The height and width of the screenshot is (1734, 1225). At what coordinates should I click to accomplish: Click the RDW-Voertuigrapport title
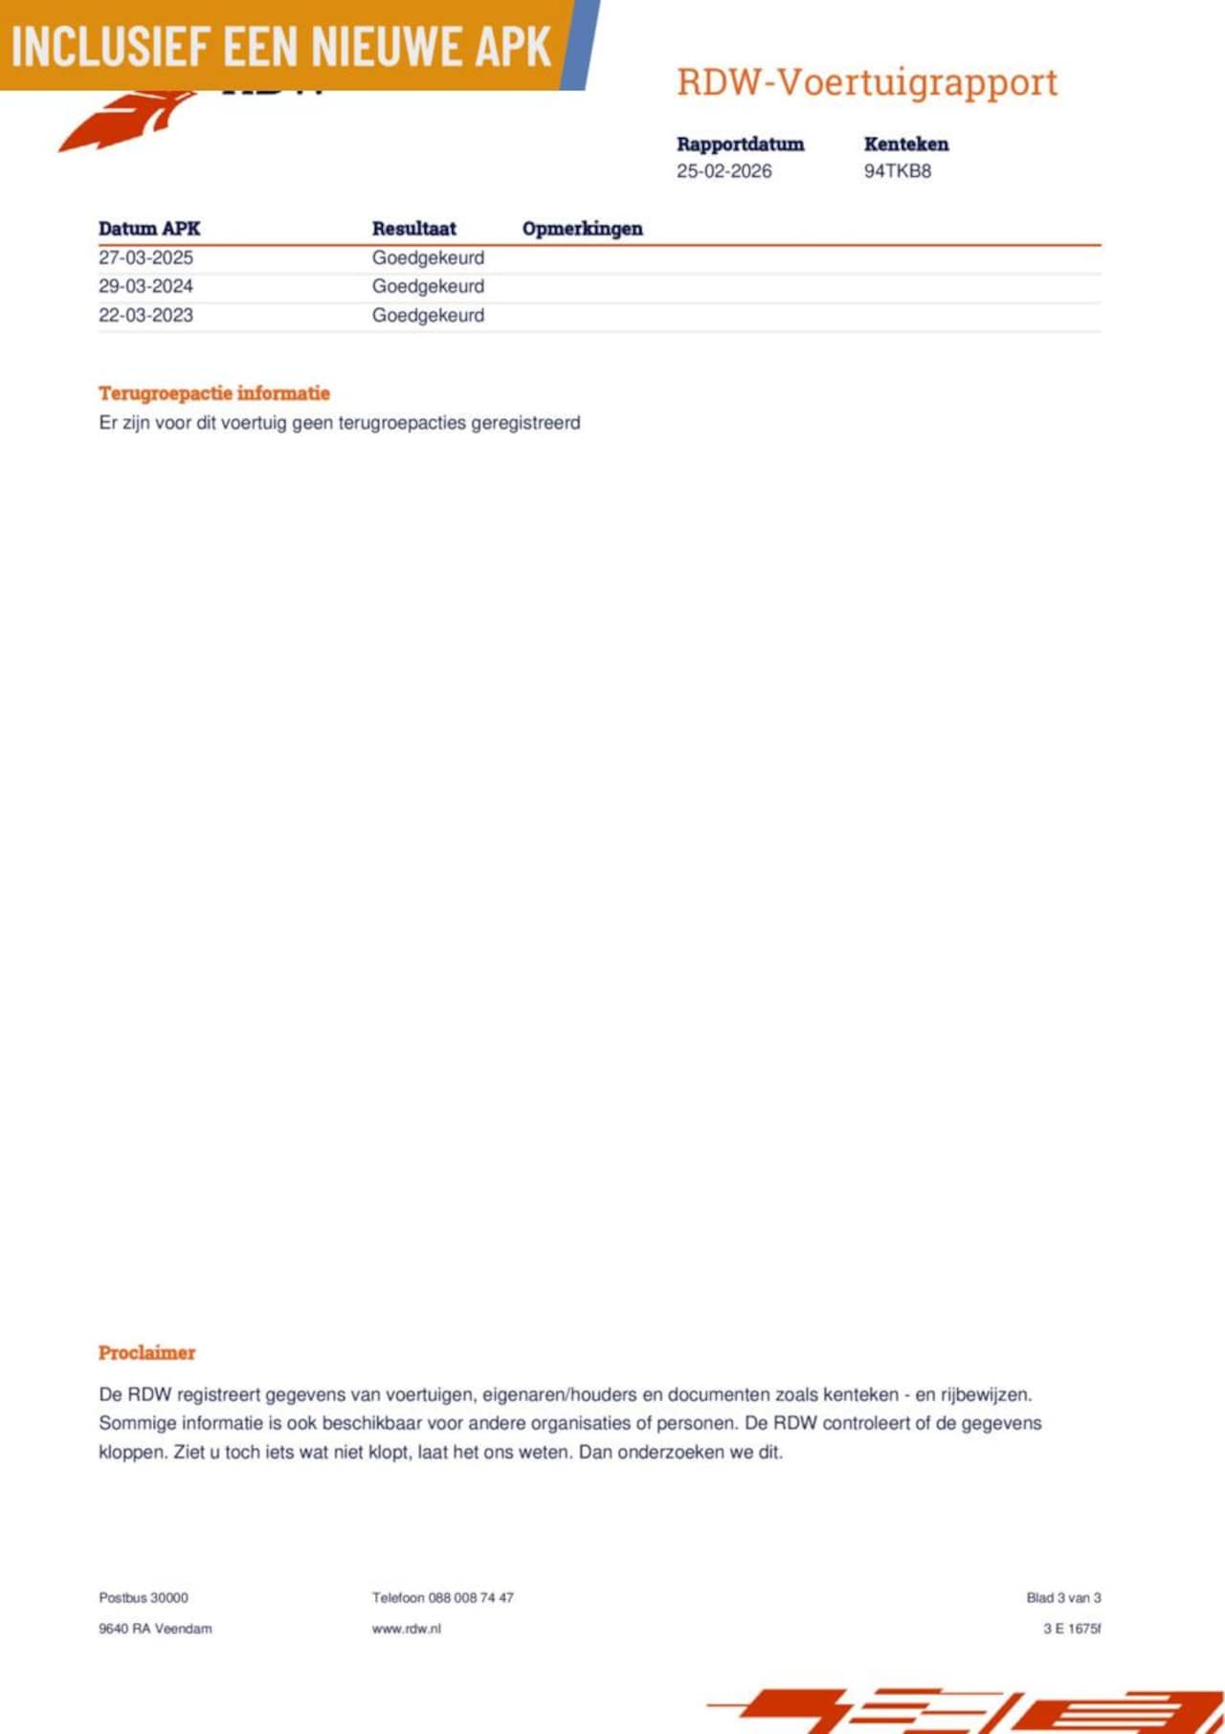pyautogui.click(x=867, y=82)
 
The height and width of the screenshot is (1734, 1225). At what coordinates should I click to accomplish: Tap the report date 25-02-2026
pyautogui.click(x=724, y=171)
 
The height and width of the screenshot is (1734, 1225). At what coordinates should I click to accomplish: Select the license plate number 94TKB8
pyautogui.click(x=897, y=171)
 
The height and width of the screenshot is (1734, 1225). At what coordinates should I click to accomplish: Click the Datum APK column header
pyautogui.click(x=149, y=229)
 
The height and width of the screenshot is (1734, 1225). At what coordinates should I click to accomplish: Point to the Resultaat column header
pyautogui.click(x=413, y=229)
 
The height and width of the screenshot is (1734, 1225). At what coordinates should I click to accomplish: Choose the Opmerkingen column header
pyautogui.click(x=582, y=229)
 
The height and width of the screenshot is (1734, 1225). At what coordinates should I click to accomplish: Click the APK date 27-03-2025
pyautogui.click(x=145, y=257)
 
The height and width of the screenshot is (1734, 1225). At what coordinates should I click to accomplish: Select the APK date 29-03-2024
pyautogui.click(x=145, y=286)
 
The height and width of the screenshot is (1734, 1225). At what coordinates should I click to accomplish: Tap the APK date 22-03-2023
pyautogui.click(x=145, y=315)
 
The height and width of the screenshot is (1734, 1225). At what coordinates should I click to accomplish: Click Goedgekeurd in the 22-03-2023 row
pyautogui.click(x=428, y=315)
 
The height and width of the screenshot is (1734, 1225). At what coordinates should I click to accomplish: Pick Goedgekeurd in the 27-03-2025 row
pyautogui.click(x=428, y=257)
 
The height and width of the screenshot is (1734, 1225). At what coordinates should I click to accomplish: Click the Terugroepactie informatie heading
pyautogui.click(x=214, y=393)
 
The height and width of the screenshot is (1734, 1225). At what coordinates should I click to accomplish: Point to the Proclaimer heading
pyautogui.click(x=146, y=1352)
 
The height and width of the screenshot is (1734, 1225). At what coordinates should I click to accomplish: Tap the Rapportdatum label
pyautogui.click(x=740, y=144)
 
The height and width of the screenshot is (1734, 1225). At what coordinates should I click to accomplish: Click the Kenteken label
pyautogui.click(x=905, y=144)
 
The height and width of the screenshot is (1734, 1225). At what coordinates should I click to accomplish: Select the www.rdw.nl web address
pyautogui.click(x=406, y=1628)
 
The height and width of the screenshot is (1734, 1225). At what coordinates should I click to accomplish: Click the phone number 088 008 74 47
pyautogui.click(x=471, y=1597)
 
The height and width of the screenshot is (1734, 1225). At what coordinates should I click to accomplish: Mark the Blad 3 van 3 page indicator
pyautogui.click(x=1063, y=1597)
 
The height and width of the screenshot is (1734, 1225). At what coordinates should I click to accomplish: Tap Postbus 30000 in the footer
pyautogui.click(x=144, y=1597)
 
